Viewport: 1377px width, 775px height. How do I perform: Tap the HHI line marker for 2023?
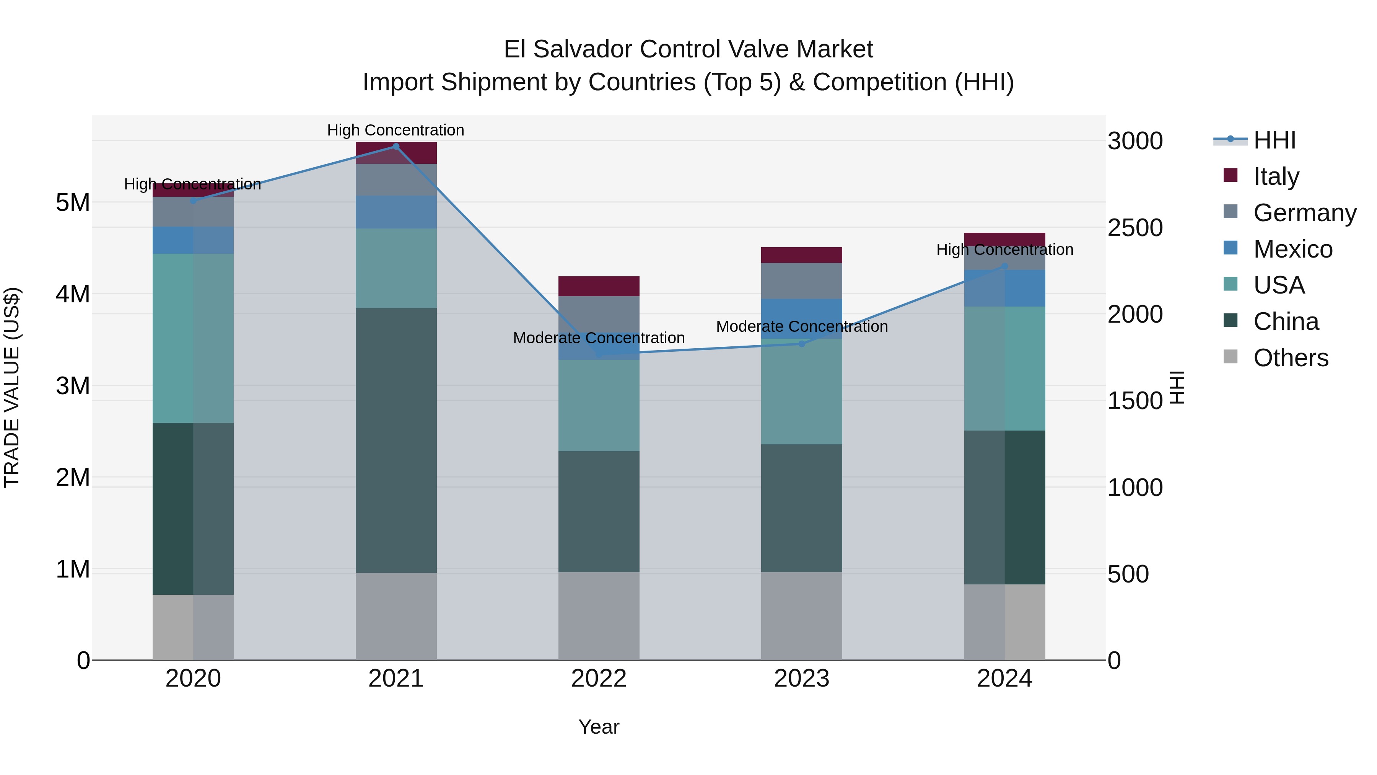pos(802,344)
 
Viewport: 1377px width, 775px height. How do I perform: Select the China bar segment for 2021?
pos(396,440)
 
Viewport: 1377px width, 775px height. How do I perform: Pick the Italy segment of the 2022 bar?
pos(599,286)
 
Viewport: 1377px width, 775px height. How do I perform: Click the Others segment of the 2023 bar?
pos(802,616)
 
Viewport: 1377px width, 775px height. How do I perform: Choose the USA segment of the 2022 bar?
pos(599,405)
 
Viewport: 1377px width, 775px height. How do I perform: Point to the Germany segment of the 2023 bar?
pos(802,281)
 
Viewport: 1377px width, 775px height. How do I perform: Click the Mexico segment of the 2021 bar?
pos(396,212)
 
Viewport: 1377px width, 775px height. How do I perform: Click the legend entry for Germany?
pos(1305,212)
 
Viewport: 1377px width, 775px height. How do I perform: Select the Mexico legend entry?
pos(1292,249)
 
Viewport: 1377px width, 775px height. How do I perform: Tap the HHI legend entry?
pos(1274,140)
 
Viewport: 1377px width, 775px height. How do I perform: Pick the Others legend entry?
pos(1291,357)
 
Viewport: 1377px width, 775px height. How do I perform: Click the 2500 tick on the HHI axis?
pos(1135,227)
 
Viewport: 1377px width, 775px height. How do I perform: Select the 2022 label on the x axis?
pos(599,678)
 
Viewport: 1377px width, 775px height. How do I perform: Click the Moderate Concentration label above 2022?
pos(599,338)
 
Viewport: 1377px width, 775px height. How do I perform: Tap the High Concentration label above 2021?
pos(396,130)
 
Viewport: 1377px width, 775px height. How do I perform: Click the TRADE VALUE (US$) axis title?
pos(12,387)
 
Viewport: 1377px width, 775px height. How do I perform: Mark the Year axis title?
pos(599,727)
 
